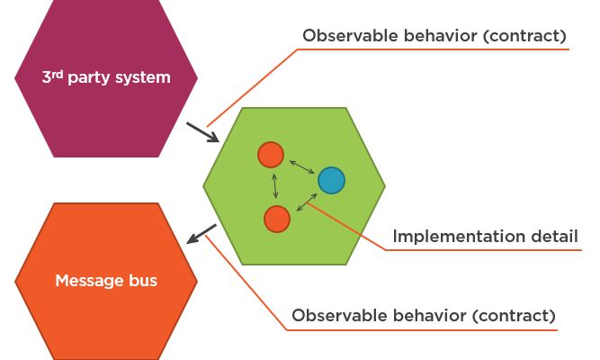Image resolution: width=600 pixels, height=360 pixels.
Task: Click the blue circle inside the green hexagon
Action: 331,181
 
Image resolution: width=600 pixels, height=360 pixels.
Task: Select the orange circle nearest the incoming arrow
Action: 271,155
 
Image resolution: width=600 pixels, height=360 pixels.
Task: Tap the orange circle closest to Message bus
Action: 277,219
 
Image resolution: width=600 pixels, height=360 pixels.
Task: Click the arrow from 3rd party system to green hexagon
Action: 202,131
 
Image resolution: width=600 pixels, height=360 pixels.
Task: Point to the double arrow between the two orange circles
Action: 274,186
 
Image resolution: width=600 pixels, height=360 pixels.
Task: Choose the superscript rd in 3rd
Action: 56,73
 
